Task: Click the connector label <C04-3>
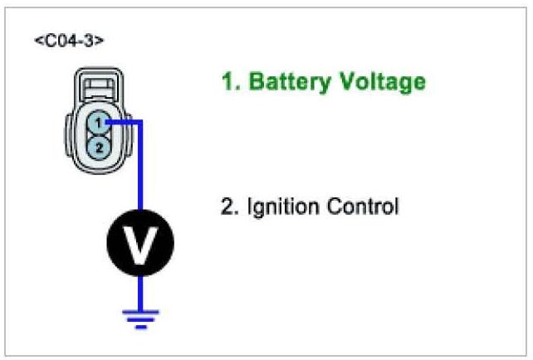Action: click(69, 41)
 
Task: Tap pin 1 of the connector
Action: click(98, 123)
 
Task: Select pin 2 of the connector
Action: click(98, 147)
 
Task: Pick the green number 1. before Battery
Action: click(229, 82)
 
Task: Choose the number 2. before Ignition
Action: click(229, 206)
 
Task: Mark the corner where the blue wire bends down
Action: click(140, 122)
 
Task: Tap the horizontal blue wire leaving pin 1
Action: click(123, 122)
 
